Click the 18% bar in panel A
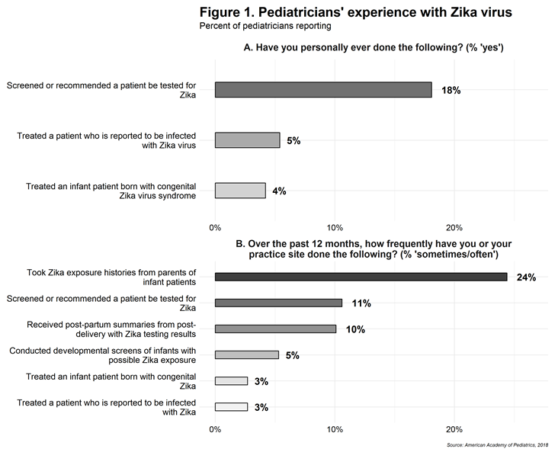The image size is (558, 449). tap(323, 90)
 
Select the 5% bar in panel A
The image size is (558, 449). tap(247, 140)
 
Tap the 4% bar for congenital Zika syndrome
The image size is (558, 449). tap(240, 191)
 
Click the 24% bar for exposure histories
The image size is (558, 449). tap(361, 277)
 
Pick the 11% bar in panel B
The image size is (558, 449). tap(278, 303)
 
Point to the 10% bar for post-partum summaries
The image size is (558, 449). tap(275, 329)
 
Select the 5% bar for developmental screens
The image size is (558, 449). tap(247, 354)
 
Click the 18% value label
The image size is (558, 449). tap(451, 90)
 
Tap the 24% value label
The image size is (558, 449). tap(526, 277)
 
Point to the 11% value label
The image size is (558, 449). tap(361, 303)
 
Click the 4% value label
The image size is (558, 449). tap(279, 191)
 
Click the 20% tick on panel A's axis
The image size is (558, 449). tap(454, 227)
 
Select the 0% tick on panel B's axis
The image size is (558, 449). tap(215, 429)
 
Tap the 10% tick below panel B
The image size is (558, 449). tap(335, 429)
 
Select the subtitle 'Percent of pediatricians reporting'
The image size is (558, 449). tap(265, 27)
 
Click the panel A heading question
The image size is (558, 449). tap(374, 49)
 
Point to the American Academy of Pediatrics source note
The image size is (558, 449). tap(497, 443)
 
